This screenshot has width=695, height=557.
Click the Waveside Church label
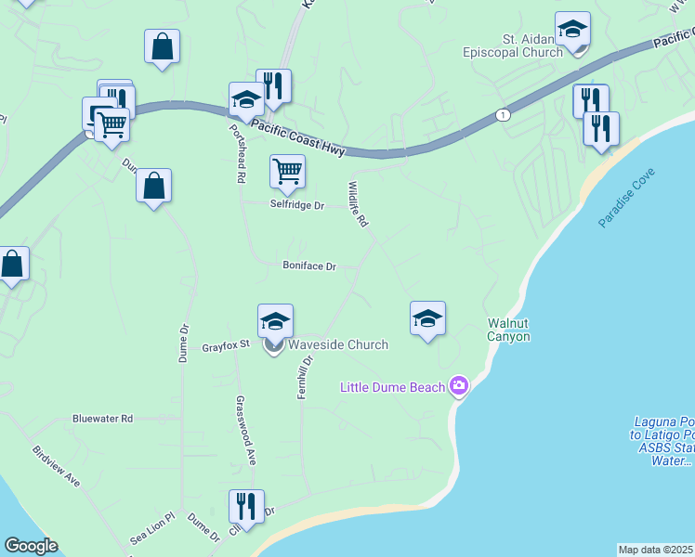click(x=337, y=344)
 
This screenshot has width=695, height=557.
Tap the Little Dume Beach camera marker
click(x=458, y=385)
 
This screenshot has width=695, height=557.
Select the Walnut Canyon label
click(x=509, y=330)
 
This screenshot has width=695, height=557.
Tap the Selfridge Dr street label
click(x=297, y=205)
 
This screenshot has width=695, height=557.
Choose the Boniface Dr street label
click(x=308, y=266)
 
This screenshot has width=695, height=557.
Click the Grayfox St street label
click(x=227, y=346)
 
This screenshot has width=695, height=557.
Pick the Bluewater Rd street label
click(x=102, y=419)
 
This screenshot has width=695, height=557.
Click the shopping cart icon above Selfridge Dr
click(x=288, y=170)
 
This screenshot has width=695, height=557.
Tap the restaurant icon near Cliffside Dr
click(x=246, y=506)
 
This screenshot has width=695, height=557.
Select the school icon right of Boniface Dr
click(x=427, y=318)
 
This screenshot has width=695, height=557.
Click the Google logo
click(x=31, y=547)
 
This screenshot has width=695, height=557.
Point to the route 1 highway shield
click(x=503, y=114)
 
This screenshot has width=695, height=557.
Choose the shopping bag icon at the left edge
click(x=12, y=264)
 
